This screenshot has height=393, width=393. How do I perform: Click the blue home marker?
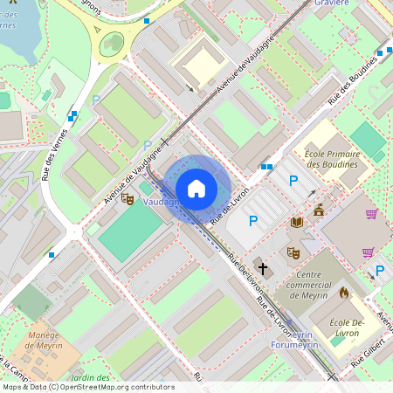point(196,188)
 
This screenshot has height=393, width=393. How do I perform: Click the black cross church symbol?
point(262,267)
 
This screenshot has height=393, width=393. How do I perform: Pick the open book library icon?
point(297,223)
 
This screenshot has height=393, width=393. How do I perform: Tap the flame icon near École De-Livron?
point(344,293)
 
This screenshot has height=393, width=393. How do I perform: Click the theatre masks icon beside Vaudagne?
point(127,199)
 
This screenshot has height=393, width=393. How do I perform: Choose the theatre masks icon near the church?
point(293,252)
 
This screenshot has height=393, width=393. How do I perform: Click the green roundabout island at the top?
point(112,43)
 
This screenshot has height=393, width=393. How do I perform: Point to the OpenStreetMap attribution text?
point(87,387)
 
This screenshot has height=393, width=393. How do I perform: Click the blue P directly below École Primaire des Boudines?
point(294,181)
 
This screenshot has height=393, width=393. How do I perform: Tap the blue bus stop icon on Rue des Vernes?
point(73,114)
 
